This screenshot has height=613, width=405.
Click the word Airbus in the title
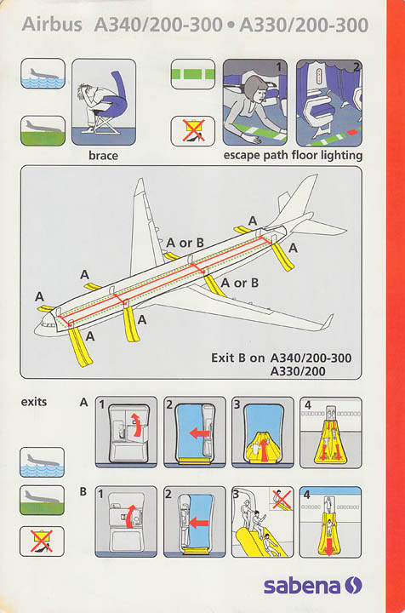pos(52,25)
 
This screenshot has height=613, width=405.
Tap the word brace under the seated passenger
pos(103,156)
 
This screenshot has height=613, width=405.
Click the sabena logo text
pos(302,586)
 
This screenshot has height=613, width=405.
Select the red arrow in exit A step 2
pos(200,433)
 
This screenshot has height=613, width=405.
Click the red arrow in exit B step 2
pos(198,522)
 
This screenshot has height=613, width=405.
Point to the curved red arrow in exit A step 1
pos(136,425)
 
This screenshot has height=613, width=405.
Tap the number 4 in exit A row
pos(308,404)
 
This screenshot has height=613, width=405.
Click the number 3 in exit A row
pos(237,404)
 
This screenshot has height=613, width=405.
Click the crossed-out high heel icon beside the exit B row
pos(43,541)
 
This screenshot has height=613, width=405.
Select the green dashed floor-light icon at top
pos(193,74)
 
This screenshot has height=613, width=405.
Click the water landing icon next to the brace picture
pos(43,73)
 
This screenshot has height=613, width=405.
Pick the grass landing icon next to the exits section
pos(43,500)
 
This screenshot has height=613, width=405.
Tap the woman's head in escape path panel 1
pos(256,89)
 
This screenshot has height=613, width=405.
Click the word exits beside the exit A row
pos(34,402)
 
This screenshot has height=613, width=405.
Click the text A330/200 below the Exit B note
pos(298,371)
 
